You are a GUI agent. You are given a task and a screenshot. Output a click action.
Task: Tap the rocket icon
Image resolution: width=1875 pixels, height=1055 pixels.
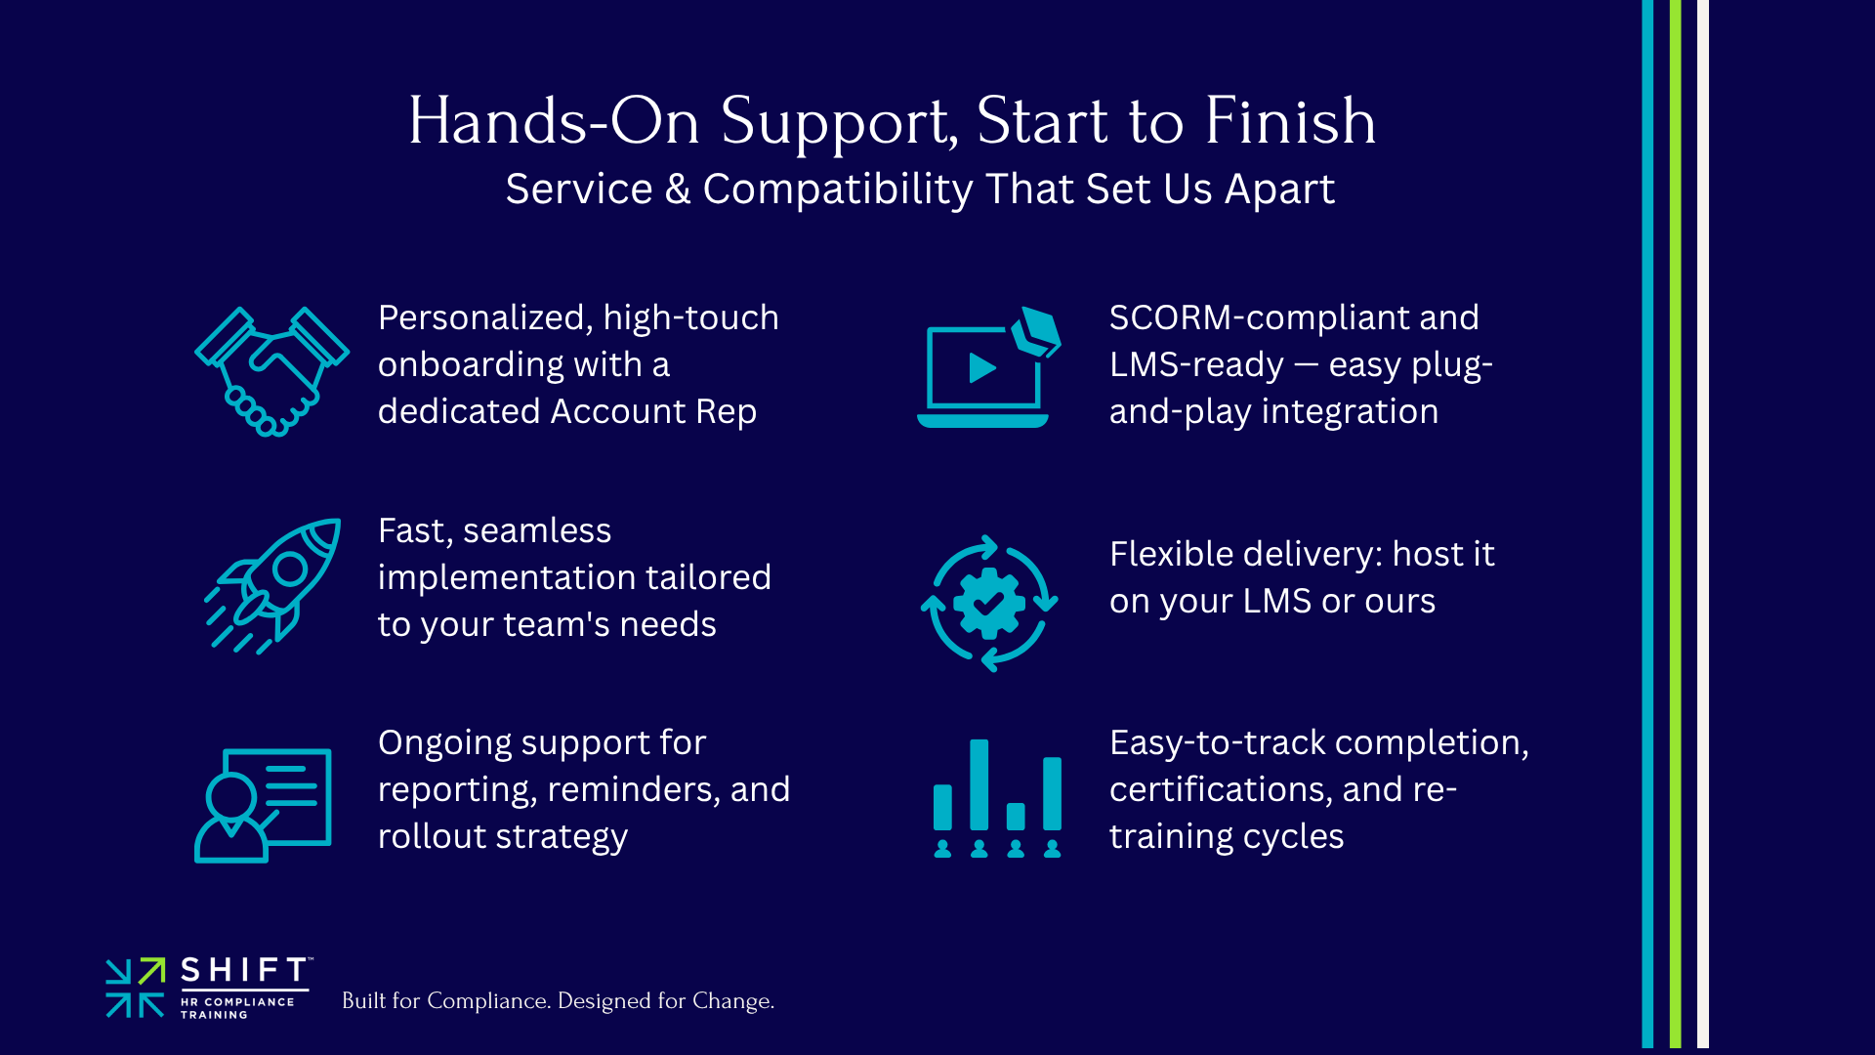point(274,585)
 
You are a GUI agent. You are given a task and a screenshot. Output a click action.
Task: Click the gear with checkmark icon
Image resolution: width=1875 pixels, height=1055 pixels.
point(989,603)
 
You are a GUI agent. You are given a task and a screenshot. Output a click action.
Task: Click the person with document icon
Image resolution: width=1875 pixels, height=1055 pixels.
point(263,805)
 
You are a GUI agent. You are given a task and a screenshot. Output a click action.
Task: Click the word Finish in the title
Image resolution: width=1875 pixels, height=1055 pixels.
point(1290,122)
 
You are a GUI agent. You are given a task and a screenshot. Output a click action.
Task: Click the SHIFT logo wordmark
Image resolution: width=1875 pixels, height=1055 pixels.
point(244,970)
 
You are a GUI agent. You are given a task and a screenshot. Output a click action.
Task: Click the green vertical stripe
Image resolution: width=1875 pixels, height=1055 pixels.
point(1675,527)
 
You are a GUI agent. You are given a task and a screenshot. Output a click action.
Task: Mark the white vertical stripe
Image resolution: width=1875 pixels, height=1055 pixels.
point(1702,527)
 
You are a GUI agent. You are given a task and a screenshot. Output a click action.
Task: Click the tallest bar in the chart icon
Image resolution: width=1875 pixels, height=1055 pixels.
point(979,784)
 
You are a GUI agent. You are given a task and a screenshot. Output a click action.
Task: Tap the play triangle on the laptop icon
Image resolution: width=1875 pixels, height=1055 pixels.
point(981,367)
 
